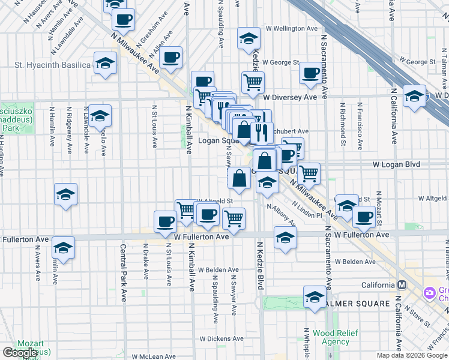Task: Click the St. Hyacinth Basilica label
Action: [x=52, y=65]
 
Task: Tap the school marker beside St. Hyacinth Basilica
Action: [x=105, y=64]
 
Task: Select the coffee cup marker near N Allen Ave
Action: [x=171, y=58]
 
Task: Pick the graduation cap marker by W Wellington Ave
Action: [x=249, y=39]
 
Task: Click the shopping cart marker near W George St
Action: [x=253, y=82]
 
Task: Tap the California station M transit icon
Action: [x=402, y=284]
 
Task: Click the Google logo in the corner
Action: [x=20, y=353]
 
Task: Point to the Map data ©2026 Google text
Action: [x=412, y=355]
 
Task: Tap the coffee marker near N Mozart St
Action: [x=364, y=217]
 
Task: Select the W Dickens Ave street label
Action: [x=222, y=338]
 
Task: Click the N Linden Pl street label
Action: [x=308, y=210]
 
